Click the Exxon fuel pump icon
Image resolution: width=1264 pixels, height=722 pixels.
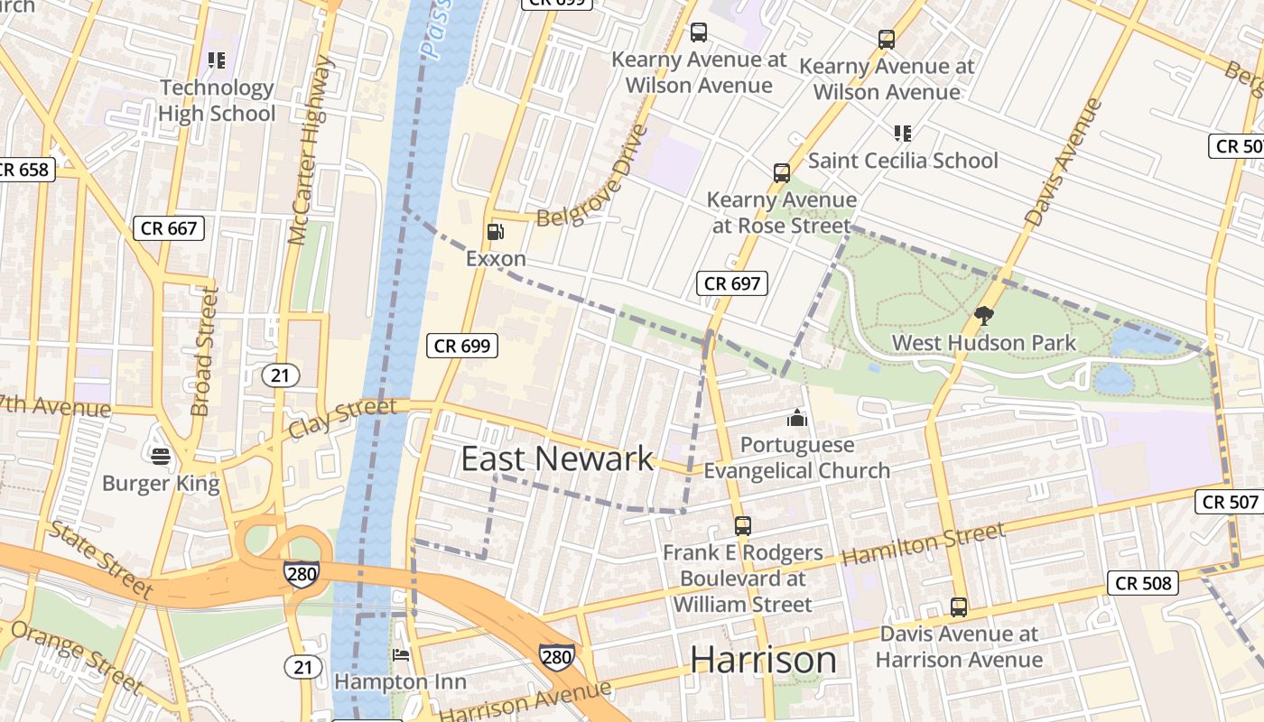495,232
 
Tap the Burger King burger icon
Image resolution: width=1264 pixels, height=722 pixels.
161,457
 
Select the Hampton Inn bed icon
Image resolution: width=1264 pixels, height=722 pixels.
401,654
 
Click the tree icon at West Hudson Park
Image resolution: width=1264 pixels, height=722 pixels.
984,316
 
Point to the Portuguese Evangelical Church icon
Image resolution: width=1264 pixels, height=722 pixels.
796,418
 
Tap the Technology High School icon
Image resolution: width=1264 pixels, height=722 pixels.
216,60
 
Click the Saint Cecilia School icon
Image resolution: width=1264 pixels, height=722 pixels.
902,134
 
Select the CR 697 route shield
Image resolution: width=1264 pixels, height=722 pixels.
732,283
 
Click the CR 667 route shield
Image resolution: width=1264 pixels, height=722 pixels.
169,228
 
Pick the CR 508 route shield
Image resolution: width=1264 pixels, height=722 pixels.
1144,583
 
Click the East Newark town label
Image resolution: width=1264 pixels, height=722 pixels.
557,458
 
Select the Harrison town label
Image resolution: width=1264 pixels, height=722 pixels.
763,660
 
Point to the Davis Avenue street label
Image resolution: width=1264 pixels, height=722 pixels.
1064,162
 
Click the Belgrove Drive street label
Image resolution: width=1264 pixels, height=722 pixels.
592,178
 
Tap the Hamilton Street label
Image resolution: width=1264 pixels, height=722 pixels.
923,545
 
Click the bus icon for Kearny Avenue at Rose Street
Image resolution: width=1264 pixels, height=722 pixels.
782,172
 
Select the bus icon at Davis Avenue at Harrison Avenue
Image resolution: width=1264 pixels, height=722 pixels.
959,607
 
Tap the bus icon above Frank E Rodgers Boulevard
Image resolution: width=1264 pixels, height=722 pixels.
742,525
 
